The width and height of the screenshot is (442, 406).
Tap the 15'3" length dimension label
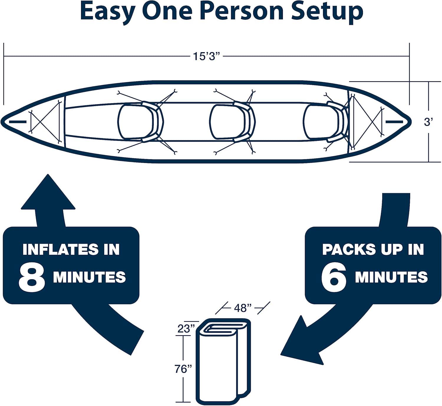tap(207, 56)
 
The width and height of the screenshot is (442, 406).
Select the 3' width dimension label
tap(428, 122)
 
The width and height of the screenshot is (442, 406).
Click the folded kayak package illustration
tap(223, 361)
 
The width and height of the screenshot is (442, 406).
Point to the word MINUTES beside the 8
tap(89, 277)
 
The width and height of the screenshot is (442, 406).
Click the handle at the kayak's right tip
tap(394, 121)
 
